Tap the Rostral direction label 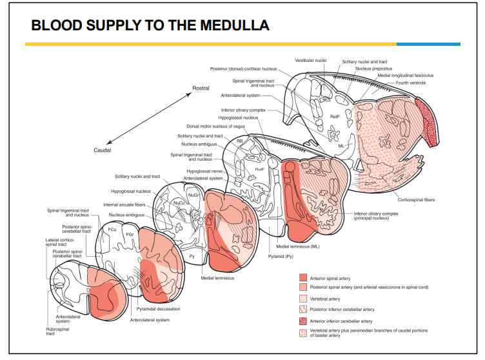[x=201, y=88]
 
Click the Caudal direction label [x=103, y=150]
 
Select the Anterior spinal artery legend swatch [x=303, y=277]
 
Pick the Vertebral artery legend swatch [x=303, y=299]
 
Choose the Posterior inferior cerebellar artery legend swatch [x=303, y=309]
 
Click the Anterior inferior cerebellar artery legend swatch [x=303, y=321]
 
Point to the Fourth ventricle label [x=411, y=83]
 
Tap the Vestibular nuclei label [x=311, y=61]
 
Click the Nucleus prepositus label [x=373, y=69]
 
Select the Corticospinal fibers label [x=416, y=200]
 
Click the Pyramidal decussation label [x=158, y=309]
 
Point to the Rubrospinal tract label [x=57, y=331]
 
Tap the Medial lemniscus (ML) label [x=297, y=246]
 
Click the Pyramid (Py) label [x=281, y=257]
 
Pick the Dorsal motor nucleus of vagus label [x=215, y=126]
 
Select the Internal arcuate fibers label [x=124, y=205]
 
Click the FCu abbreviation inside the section [x=112, y=230]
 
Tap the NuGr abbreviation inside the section [x=193, y=195]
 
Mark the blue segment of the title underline [x=428, y=45]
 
